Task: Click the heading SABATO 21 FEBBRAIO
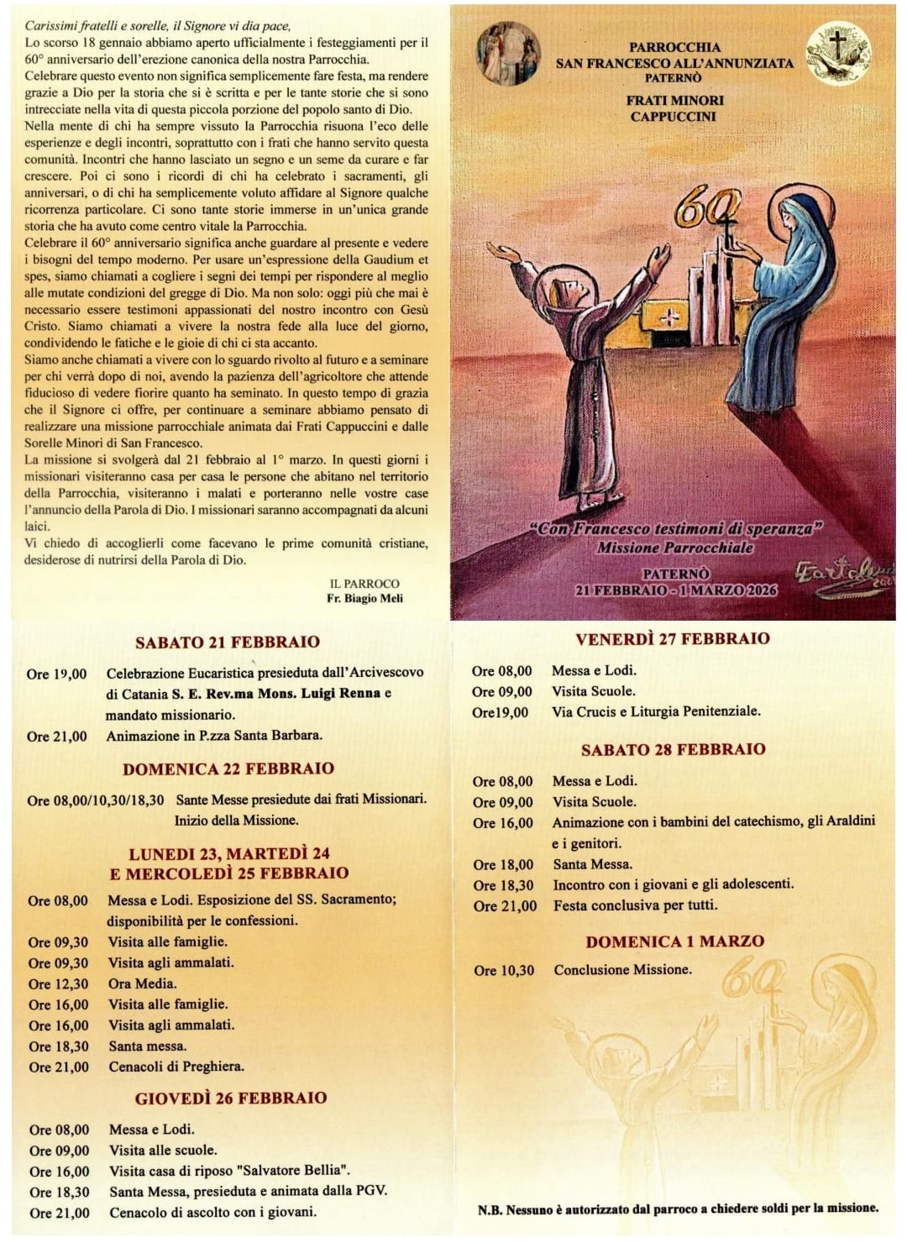pyautogui.click(x=228, y=642)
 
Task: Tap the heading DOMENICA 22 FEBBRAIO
pyautogui.click(x=228, y=768)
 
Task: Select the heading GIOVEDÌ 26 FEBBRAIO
pyautogui.click(x=231, y=1098)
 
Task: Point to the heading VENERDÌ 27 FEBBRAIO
pyautogui.click(x=673, y=639)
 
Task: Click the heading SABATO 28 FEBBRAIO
pyautogui.click(x=674, y=749)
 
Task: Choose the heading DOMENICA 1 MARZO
pyautogui.click(x=674, y=941)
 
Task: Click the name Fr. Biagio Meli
pyautogui.click(x=365, y=598)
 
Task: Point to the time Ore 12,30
pyautogui.click(x=58, y=983)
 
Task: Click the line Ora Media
pyautogui.click(x=143, y=983)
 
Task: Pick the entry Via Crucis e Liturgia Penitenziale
pyautogui.click(x=656, y=711)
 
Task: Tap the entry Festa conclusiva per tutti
pyautogui.click(x=636, y=905)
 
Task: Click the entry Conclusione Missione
pyautogui.click(x=622, y=970)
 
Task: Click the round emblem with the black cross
pyautogui.click(x=836, y=57)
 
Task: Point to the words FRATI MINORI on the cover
pyautogui.click(x=674, y=101)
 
